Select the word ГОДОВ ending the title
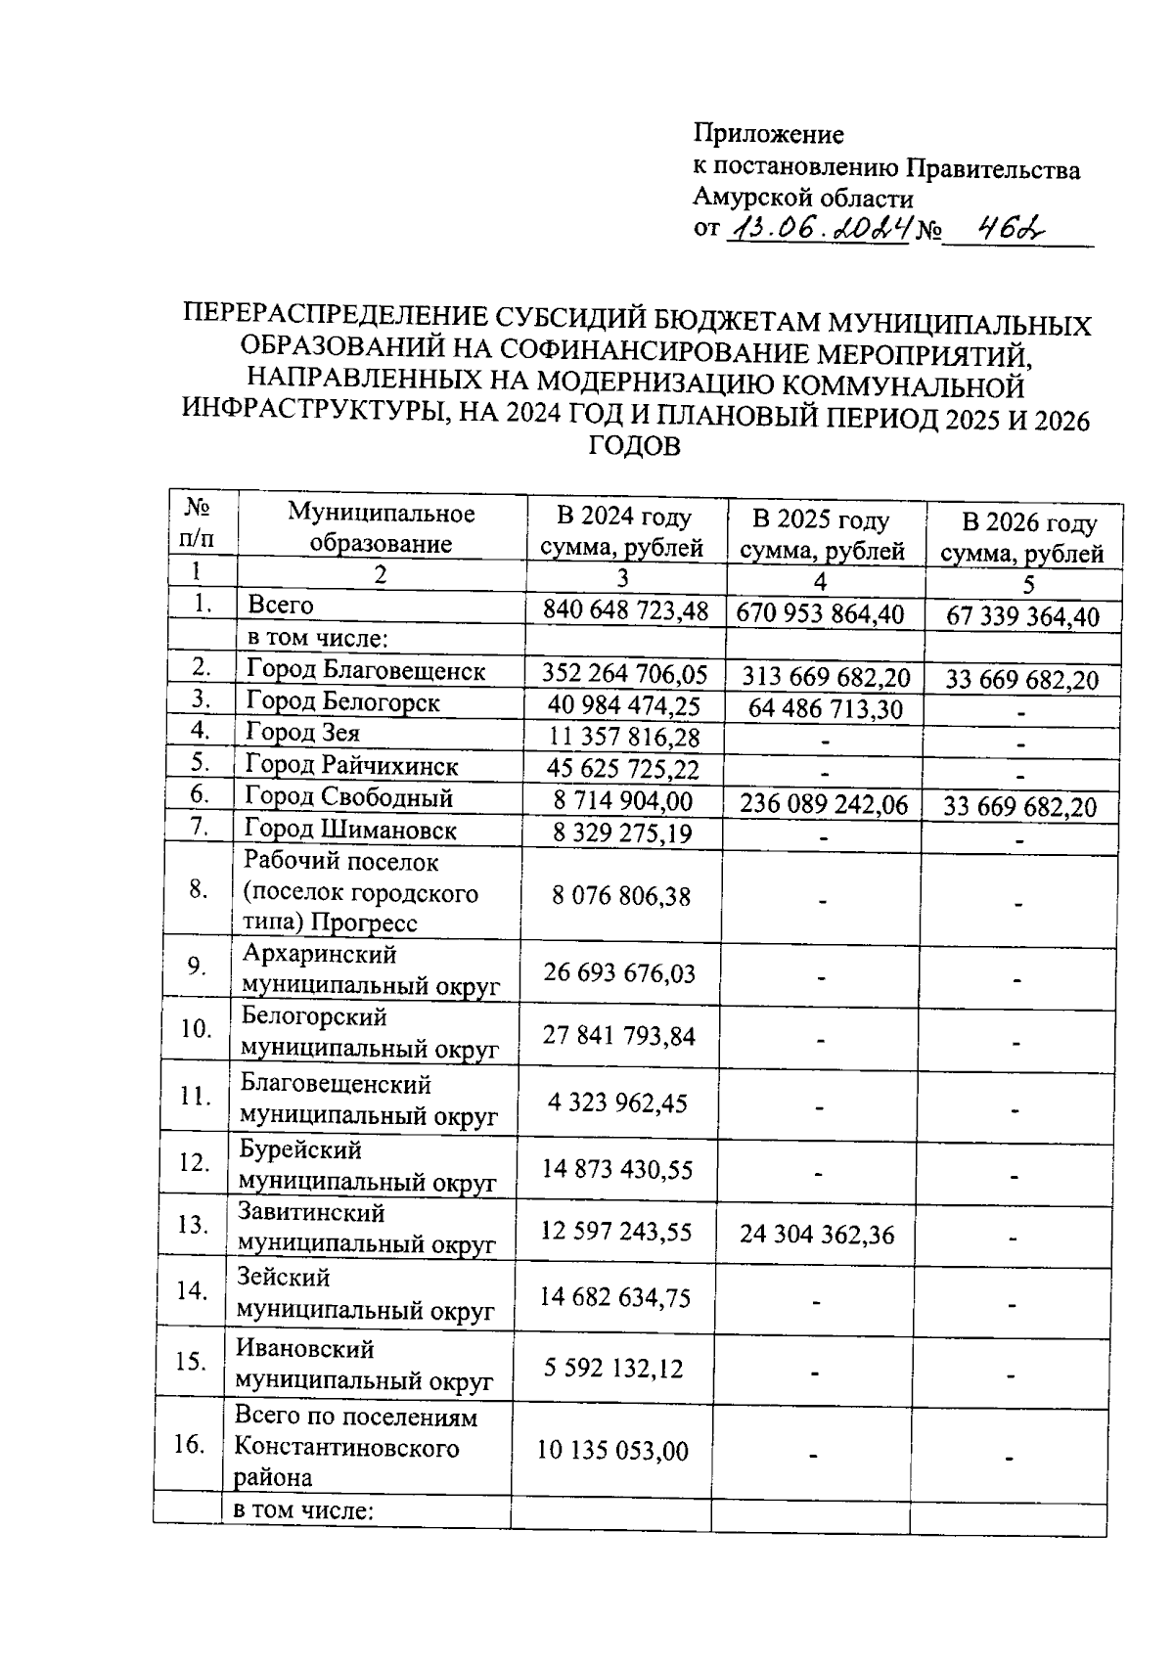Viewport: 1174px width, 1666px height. [x=634, y=447]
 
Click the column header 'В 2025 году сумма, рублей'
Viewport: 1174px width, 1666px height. [x=822, y=534]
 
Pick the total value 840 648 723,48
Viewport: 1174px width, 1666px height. [x=625, y=610]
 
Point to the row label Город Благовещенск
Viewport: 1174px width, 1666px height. [x=365, y=671]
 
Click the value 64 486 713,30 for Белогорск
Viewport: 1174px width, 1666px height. [x=825, y=709]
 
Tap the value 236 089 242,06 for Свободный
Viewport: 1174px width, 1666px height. [x=823, y=805]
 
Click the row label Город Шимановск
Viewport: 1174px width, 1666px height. [x=350, y=831]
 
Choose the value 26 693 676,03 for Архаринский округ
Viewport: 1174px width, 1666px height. [x=619, y=973]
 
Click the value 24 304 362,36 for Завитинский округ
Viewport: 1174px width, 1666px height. [x=817, y=1235]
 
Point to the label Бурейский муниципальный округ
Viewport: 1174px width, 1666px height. [x=368, y=1166]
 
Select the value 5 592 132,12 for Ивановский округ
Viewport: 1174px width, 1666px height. [x=613, y=1368]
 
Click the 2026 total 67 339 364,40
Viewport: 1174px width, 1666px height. [x=1022, y=616]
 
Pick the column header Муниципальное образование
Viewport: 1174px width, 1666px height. [x=381, y=528]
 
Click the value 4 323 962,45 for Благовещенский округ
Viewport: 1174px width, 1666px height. [x=617, y=1103]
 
